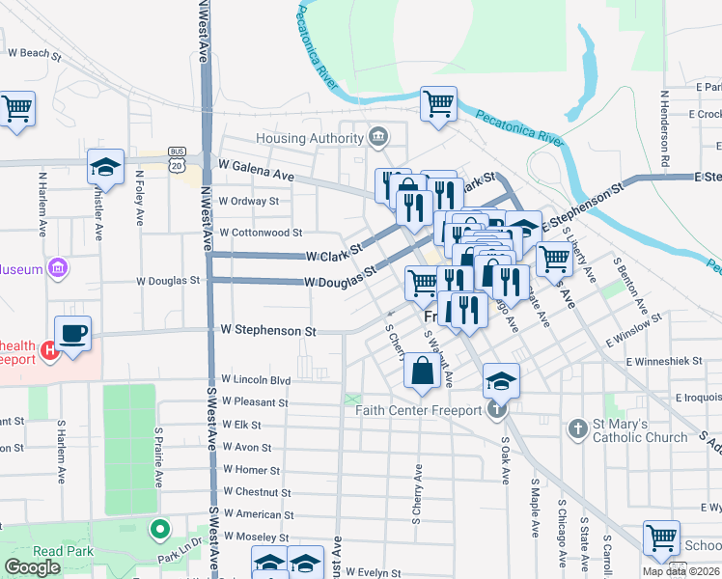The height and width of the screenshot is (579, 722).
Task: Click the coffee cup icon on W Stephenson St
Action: (73, 334)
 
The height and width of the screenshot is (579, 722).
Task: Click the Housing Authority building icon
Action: (378, 138)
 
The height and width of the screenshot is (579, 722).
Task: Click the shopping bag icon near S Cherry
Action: (422, 371)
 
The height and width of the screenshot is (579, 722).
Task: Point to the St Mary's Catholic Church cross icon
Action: (577, 428)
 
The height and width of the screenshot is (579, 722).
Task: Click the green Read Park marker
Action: (159, 530)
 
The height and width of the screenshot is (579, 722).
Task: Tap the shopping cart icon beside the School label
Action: (661, 539)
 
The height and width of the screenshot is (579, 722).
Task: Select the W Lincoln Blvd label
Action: (256, 380)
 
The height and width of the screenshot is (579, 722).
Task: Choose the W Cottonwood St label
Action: (261, 233)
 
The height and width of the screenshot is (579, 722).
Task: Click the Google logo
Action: (32, 568)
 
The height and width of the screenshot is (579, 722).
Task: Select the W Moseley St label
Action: (256, 537)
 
